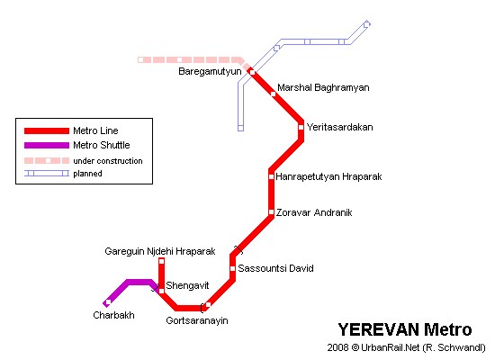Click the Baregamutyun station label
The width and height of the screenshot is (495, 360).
click(210, 72)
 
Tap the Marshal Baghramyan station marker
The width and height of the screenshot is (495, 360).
click(273, 94)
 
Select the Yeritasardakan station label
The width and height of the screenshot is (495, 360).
click(339, 127)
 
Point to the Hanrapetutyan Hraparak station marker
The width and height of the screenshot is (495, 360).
click(271, 176)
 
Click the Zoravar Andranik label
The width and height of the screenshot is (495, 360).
click(314, 212)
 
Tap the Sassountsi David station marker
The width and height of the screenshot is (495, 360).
click(233, 269)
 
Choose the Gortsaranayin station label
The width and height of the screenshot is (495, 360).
click(197, 320)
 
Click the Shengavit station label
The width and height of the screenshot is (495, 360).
click(187, 285)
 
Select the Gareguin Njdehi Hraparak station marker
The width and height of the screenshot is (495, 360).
click(162, 261)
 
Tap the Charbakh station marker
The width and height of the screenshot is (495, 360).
click(108, 302)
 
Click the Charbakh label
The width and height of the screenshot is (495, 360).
click(113, 315)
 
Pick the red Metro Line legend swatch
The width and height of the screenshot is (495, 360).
click(47, 130)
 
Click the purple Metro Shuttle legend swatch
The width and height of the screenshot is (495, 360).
click(47, 145)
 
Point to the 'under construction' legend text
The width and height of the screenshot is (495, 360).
click(108, 161)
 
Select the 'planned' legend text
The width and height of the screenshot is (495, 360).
click(87, 174)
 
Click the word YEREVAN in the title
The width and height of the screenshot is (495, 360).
click(379, 329)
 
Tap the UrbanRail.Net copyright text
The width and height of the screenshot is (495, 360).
click(406, 347)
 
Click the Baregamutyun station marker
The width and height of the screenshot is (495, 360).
click(253, 72)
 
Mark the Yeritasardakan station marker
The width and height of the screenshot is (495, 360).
click(301, 127)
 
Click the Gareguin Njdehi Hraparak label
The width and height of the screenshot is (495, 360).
click(160, 251)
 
